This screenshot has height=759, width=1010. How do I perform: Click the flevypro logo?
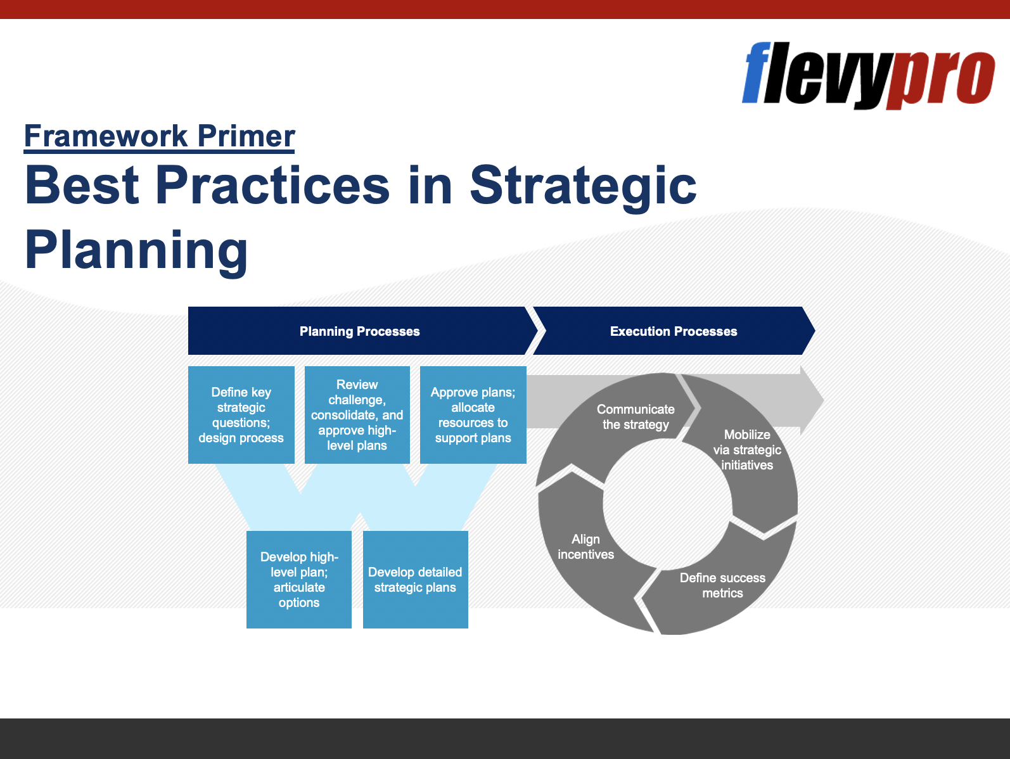click(x=869, y=75)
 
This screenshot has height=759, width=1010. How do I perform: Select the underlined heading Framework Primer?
click(x=159, y=136)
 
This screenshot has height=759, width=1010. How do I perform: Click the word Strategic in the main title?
click(x=583, y=186)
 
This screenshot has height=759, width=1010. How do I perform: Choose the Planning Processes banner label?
click(x=359, y=331)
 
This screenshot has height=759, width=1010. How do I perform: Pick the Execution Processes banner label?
click(x=674, y=331)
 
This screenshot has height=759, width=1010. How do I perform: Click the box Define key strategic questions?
click(x=241, y=414)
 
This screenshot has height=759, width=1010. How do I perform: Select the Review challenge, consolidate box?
click(x=357, y=414)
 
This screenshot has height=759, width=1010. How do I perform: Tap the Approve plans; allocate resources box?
click(x=473, y=414)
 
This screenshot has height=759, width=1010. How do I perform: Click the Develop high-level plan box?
click(x=299, y=580)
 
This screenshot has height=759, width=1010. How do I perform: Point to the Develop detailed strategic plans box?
click(x=416, y=580)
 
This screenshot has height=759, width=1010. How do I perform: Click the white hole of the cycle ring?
click(x=668, y=504)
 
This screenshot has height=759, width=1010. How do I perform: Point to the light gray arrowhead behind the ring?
click(x=812, y=400)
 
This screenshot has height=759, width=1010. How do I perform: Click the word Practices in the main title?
click(x=273, y=186)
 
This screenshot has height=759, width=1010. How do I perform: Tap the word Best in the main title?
click(x=82, y=186)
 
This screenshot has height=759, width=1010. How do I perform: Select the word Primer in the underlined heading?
click(x=246, y=136)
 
